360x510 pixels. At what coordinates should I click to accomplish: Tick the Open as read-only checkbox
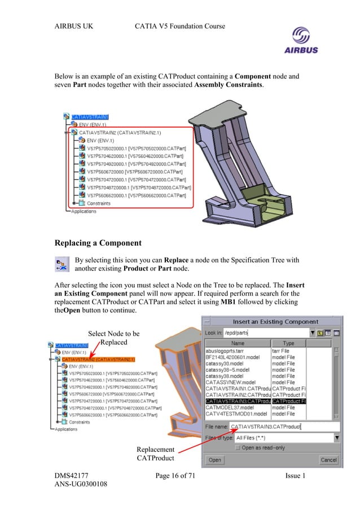click(x=238, y=447)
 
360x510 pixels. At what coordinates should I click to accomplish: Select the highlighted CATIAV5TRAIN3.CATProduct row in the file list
click(x=237, y=401)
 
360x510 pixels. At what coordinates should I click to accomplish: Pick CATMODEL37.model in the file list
click(x=230, y=407)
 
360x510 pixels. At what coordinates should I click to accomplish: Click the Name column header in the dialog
click(x=238, y=343)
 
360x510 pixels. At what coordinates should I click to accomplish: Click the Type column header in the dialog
click(x=288, y=343)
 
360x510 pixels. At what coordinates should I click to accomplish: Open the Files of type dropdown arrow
click(x=337, y=438)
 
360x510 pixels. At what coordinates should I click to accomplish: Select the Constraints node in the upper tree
click(x=98, y=203)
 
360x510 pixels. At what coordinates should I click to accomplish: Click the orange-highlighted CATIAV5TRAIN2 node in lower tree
click(x=103, y=359)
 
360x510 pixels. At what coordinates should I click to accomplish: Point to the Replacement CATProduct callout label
click(x=155, y=454)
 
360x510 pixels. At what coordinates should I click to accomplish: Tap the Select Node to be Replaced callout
click(x=114, y=338)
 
